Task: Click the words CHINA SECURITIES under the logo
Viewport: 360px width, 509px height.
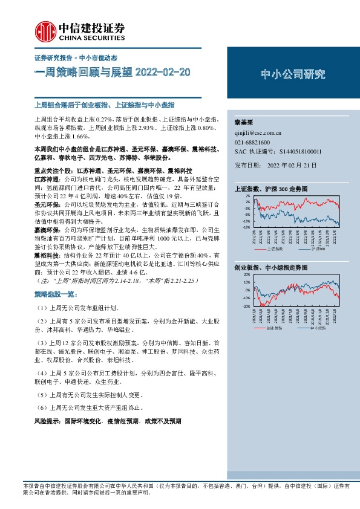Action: (x=88, y=37)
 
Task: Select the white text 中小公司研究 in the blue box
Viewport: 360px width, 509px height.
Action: (x=293, y=75)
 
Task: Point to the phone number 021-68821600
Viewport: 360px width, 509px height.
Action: (x=252, y=141)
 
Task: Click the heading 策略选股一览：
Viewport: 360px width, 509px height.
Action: (x=56, y=293)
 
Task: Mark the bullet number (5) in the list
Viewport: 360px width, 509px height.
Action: (x=41, y=395)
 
